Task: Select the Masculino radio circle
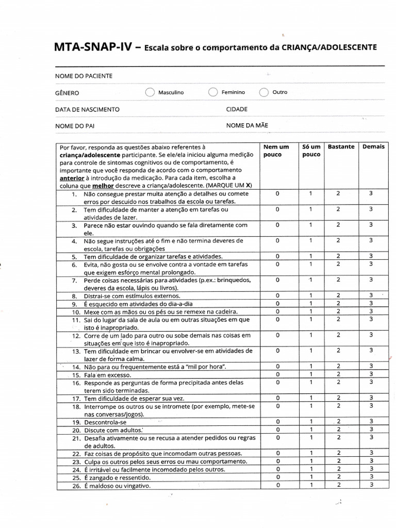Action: [x=150, y=92]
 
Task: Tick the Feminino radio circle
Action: [x=213, y=92]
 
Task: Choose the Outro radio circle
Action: [x=264, y=92]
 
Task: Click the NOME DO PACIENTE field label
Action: [x=84, y=76]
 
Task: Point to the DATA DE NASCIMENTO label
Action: [x=87, y=109]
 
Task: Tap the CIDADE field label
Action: [x=237, y=109]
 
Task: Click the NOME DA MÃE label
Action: [x=247, y=125]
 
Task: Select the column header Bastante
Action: [x=341, y=146]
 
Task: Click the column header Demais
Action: [x=373, y=146]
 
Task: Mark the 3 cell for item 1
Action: [x=371, y=193]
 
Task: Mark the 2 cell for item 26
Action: [x=338, y=485]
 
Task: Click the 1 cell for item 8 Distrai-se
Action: [x=311, y=295]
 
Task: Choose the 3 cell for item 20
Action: [x=371, y=430]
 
